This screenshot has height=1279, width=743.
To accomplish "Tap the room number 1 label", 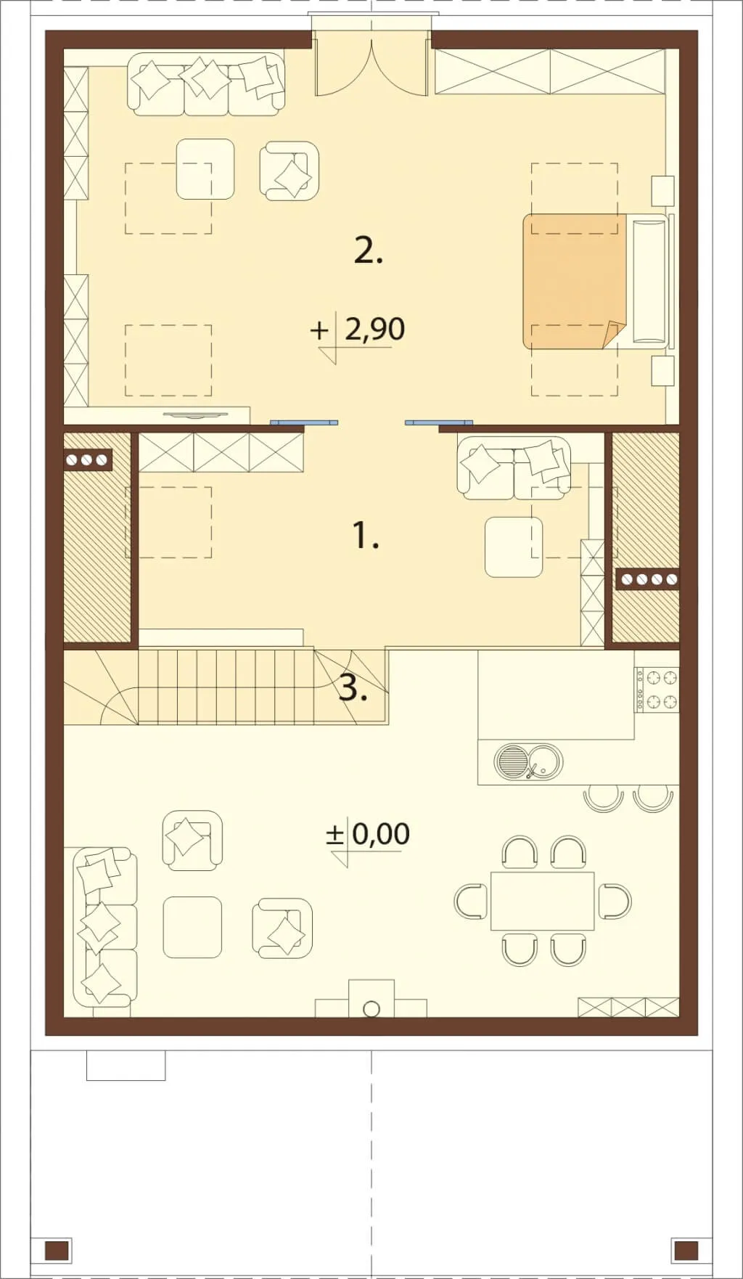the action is pyautogui.click(x=366, y=536).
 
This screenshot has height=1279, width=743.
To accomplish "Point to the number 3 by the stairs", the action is pyautogui.click(x=353, y=687).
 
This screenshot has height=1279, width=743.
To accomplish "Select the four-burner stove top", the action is pyautogui.click(x=657, y=690).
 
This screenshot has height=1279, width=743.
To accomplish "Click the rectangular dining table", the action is pyautogui.click(x=543, y=901).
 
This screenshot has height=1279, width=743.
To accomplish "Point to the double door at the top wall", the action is pyautogui.click(x=371, y=65).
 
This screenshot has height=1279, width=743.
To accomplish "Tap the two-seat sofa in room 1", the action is pyautogui.click(x=514, y=468).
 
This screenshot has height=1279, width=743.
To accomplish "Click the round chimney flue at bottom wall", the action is pyautogui.click(x=371, y=1008).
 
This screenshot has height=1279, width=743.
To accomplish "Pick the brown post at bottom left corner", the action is pyautogui.click(x=57, y=1250).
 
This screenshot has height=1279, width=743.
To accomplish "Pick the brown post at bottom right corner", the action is pyautogui.click(x=685, y=1250).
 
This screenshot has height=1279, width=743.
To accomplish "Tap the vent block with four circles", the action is pyautogui.click(x=648, y=579).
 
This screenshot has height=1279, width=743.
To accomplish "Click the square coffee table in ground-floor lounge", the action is pyautogui.click(x=192, y=927).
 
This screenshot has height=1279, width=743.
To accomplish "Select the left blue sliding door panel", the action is pyautogui.click(x=304, y=421).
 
